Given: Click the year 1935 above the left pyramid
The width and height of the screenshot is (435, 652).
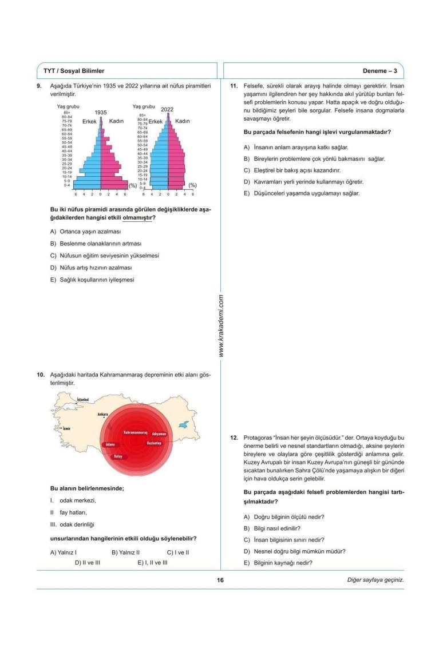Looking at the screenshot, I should (101, 113).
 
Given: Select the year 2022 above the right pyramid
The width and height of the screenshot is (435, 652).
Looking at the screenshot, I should (167, 109).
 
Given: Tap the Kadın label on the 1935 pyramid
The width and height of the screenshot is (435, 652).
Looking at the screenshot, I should (117, 121).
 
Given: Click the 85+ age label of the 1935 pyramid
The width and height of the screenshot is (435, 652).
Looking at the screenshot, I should (67, 113).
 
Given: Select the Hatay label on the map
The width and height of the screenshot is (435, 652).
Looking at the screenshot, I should (118, 456).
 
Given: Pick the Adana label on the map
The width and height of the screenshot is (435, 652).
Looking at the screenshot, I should (110, 444).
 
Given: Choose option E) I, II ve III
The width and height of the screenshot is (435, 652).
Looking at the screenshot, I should (152, 563).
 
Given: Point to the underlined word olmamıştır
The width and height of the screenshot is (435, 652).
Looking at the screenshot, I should (140, 217).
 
